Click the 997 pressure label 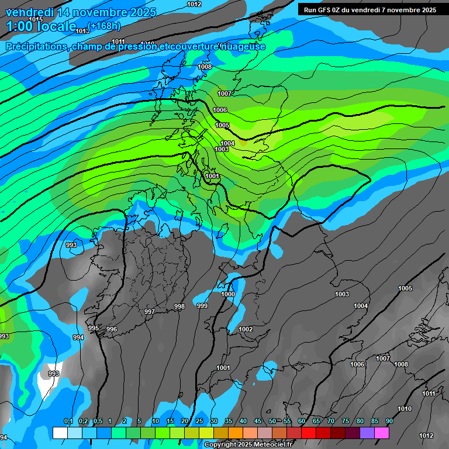(x=150, y=312)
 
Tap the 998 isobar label (x=179, y=306)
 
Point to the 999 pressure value (x=202, y=306)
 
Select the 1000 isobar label (x=228, y=294)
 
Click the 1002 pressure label (x=246, y=329)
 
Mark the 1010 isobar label (x=404, y=409)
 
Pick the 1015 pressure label (x=36, y=19)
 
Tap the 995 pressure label (x=94, y=328)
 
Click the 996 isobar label (x=112, y=329)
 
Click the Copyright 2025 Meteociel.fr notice (x=248, y=445)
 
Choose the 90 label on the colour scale (x=389, y=422)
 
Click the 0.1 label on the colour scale (x=68, y=422)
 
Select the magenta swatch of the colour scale (x=381, y=433)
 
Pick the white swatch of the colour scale (x=60, y=433)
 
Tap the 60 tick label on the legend (x=301, y=422)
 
